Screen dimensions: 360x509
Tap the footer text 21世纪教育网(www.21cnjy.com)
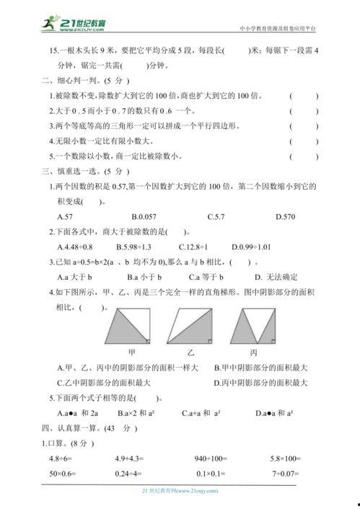[x=180, y=490]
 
